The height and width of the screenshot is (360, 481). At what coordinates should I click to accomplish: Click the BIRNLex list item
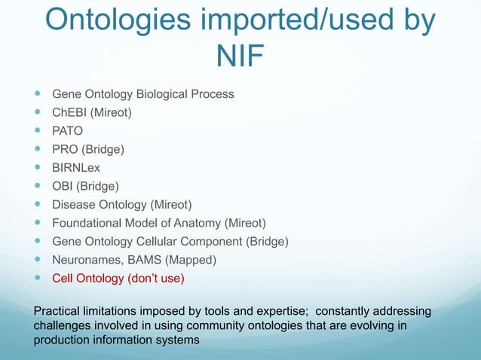click(x=76, y=167)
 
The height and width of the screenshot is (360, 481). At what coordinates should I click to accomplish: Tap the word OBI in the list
click(x=63, y=185)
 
